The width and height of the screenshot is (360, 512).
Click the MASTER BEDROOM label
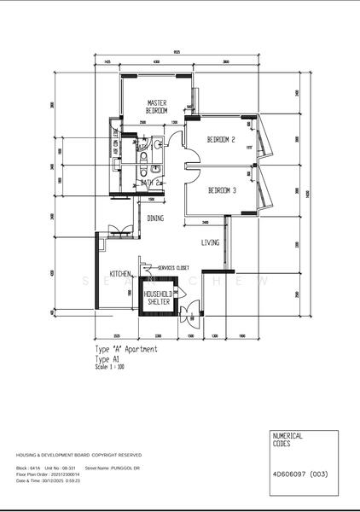pos(156,107)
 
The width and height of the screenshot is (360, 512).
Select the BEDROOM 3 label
pos(222,191)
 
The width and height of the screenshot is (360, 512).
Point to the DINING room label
pos(155,218)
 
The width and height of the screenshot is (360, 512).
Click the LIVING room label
pos(210,243)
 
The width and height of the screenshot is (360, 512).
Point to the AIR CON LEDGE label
pos(114,139)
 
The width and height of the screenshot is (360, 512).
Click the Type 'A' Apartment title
pos(126,350)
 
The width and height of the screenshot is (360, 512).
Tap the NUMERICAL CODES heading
pos(287,440)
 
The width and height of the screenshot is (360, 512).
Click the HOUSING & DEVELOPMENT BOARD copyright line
pos(78,456)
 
